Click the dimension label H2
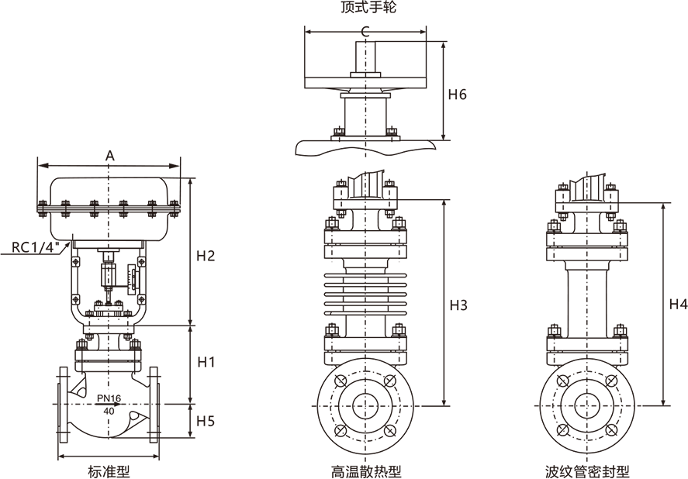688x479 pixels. (206, 256)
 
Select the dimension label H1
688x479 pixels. (206, 362)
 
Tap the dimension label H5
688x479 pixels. (205, 421)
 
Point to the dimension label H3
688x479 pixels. (458, 305)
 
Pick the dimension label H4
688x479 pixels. (678, 304)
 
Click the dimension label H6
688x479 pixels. (457, 95)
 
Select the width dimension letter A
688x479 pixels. (109, 155)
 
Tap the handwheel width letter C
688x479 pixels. (365, 31)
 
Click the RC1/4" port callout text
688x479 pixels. (35, 247)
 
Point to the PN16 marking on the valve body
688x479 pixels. (109, 398)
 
